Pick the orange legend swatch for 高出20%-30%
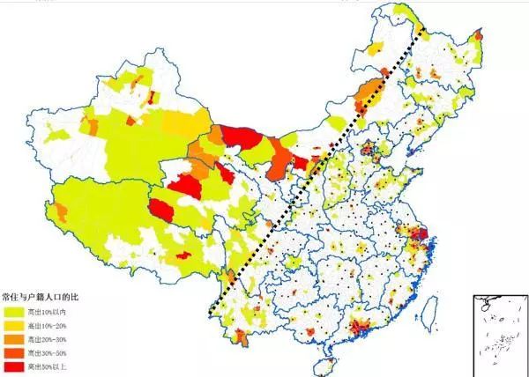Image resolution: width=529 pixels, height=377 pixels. (x=15, y=339)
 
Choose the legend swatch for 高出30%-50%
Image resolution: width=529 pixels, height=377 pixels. (x=15, y=353)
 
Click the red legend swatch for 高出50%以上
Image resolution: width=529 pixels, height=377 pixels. (x=15, y=367)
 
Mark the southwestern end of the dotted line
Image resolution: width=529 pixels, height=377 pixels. (x=211, y=314)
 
